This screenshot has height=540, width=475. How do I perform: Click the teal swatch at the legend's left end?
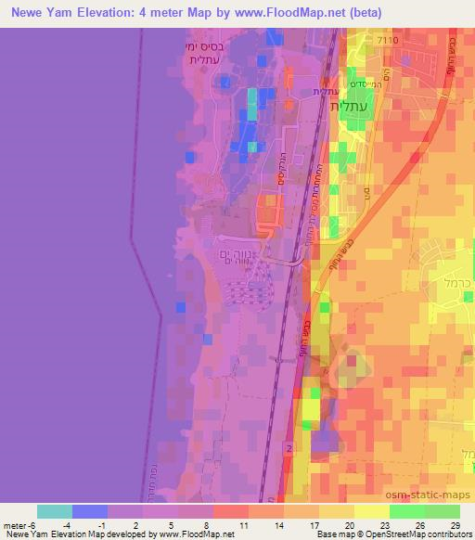(55, 511)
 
